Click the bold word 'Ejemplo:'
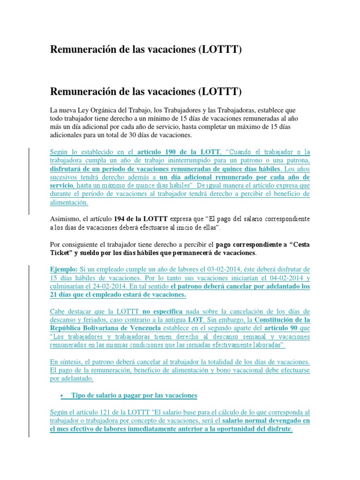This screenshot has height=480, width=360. click(x=65, y=270)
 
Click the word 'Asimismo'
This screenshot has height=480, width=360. click(x=65, y=219)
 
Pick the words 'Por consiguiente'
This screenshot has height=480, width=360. click(x=74, y=244)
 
